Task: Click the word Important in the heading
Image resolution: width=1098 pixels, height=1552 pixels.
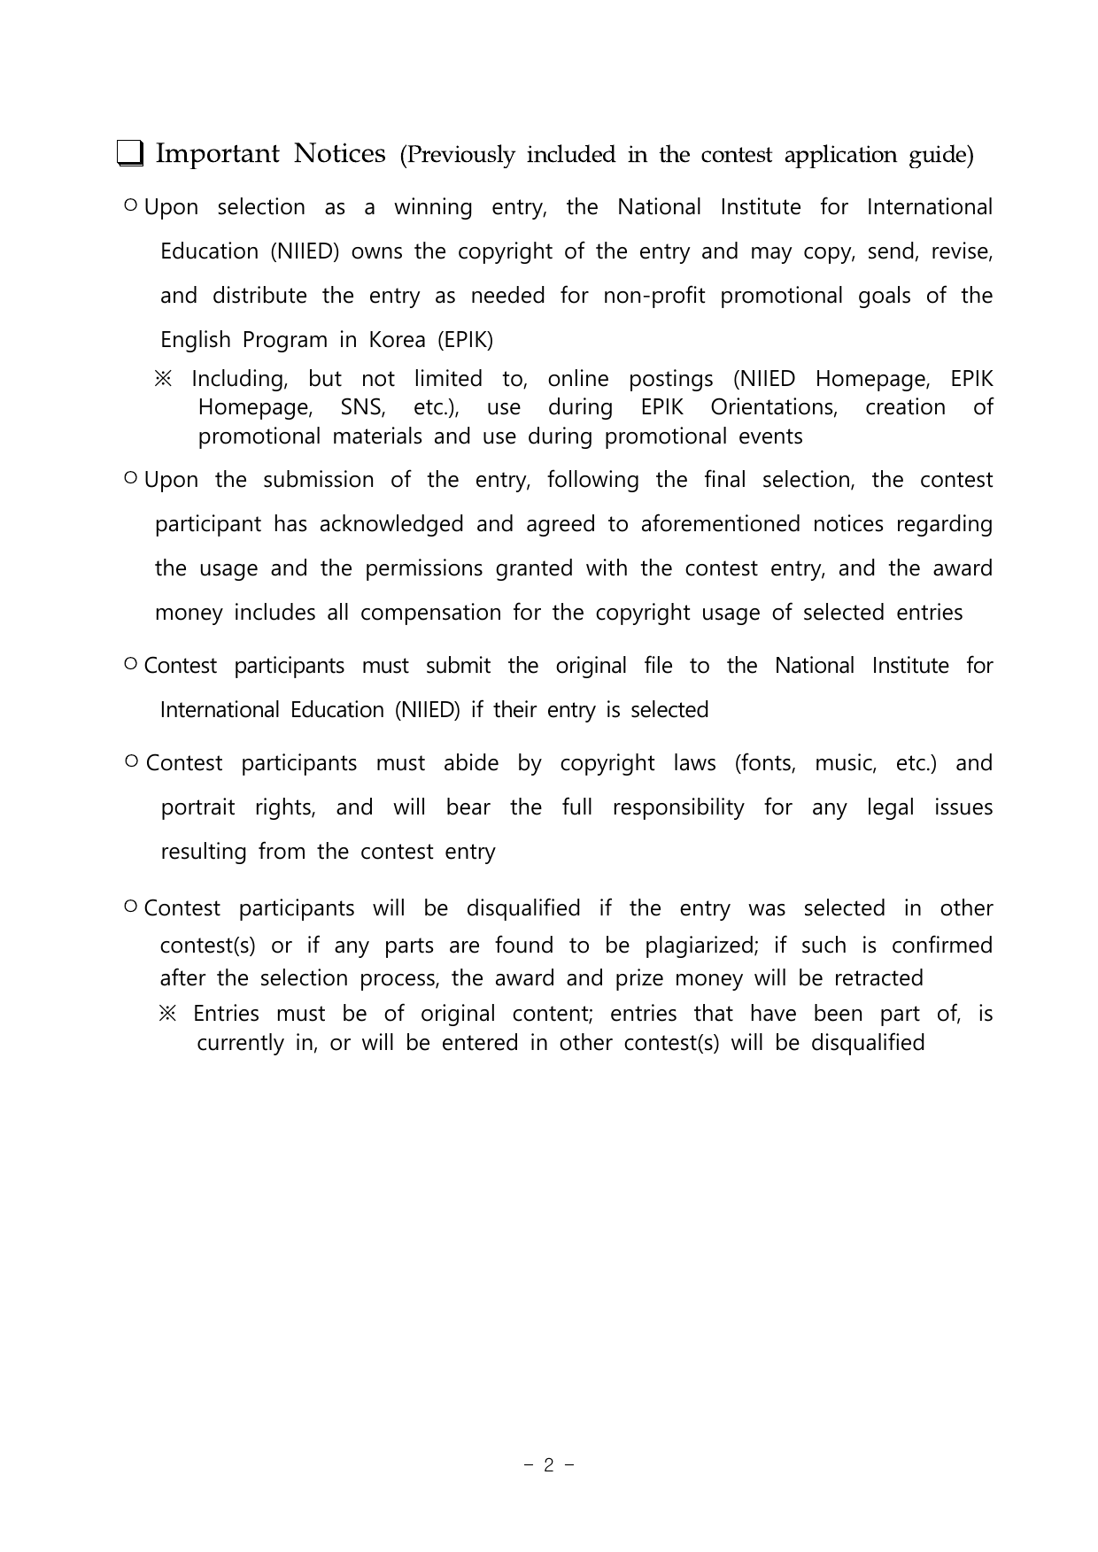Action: pyautogui.click(x=217, y=154)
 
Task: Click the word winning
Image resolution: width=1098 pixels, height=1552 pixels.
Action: pyautogui.click(x=433, y=207)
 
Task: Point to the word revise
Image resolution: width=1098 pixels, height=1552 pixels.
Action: pyautogui.click(x=961, y=251)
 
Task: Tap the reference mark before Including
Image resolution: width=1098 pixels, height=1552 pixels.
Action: pyautogui.click(x=164, y=379)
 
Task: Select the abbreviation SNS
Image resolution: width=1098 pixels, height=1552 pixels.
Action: pyautogui.click(x=363, y=407)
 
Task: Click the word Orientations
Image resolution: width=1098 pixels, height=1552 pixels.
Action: pyautogui.click(x=773, y=407)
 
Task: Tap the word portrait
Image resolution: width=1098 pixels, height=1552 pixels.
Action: pyautogui.click(x=197, y=807)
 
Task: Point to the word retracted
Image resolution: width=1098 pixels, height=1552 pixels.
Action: pyautogui.click(x=878, y=978)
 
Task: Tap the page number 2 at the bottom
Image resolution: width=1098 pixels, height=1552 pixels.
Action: pyautogui.click(x=549, y=1465)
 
